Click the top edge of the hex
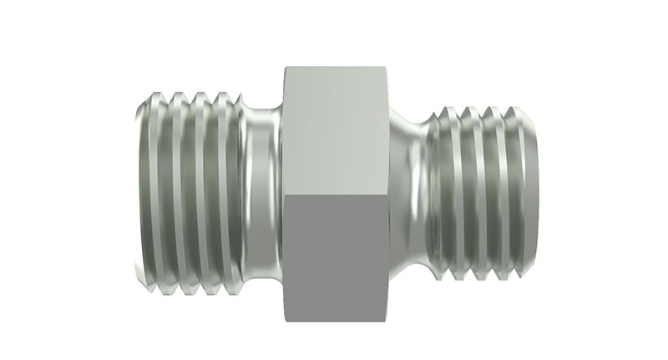point(336,66)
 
